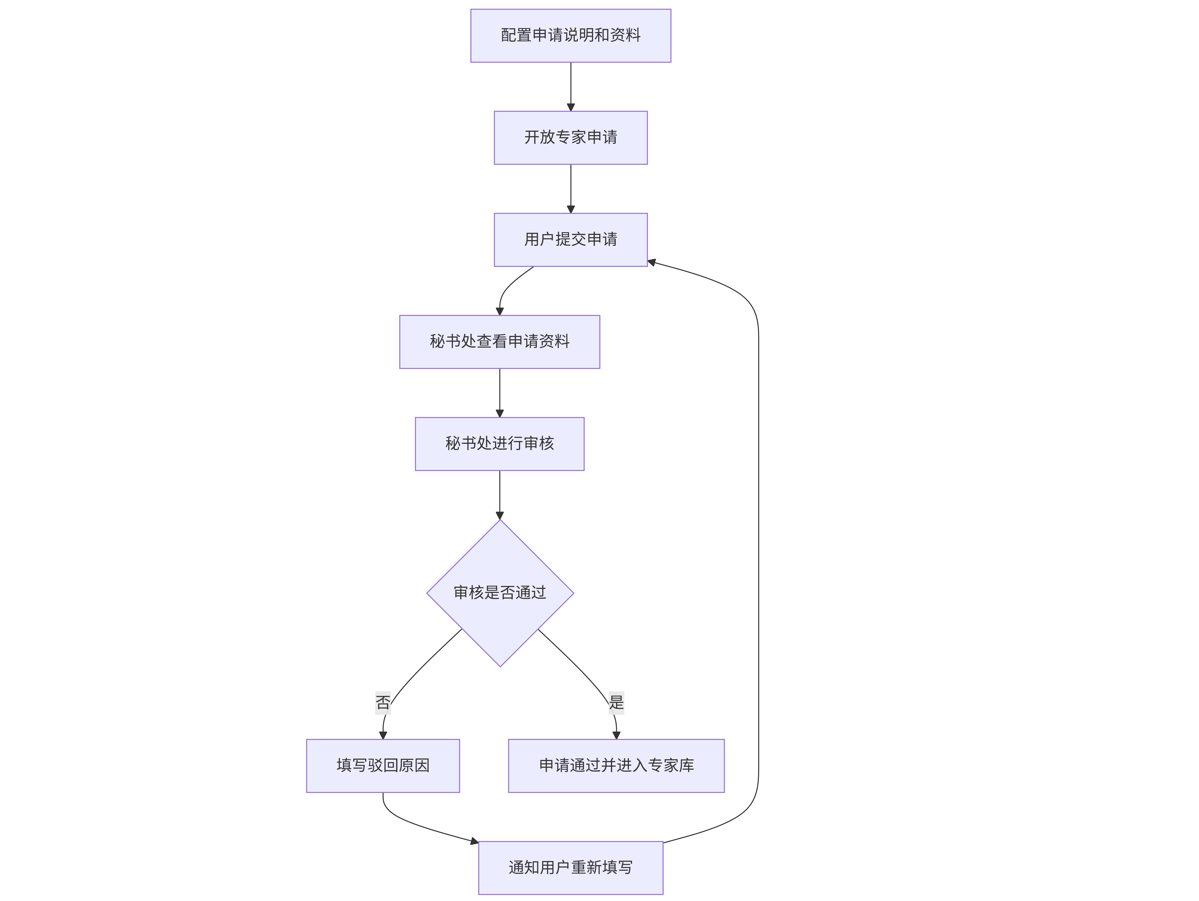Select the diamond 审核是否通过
pyautogui.click(x=500, y=593)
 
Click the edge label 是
pyautogui.click(x=616, y=703)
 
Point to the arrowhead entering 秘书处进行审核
pyautogui.click(x=500, y=413)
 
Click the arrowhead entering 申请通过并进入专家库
pyautogui.click(x=616, y=735)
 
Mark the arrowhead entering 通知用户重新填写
pyautogui.click(x=474, y=841)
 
